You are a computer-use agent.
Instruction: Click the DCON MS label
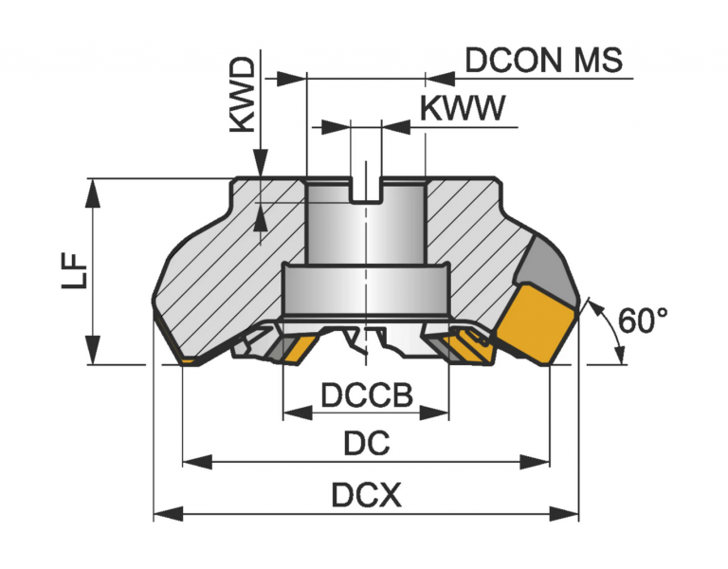click(x=543, y=60)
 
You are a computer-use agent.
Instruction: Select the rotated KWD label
click(x=243, y=92)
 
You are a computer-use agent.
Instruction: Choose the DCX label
click(x=367, y=495)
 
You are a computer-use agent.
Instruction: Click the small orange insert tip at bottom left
click(x=189, y=361)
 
